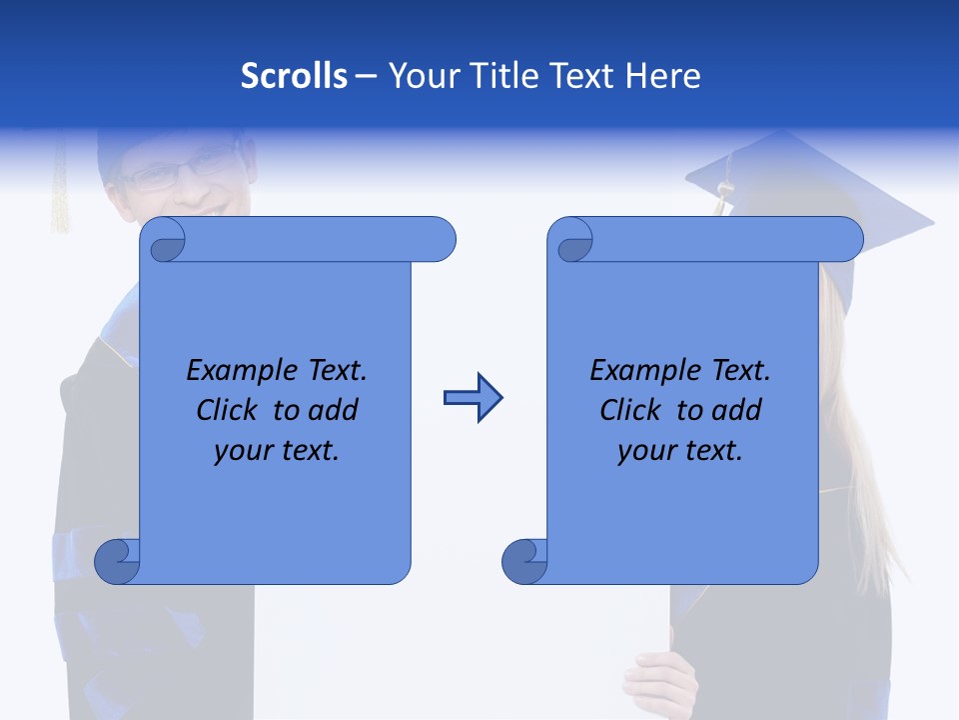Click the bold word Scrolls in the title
294,76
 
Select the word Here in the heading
662,76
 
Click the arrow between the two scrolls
473,398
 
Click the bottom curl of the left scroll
116,561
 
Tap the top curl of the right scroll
573,241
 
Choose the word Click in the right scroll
630,410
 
